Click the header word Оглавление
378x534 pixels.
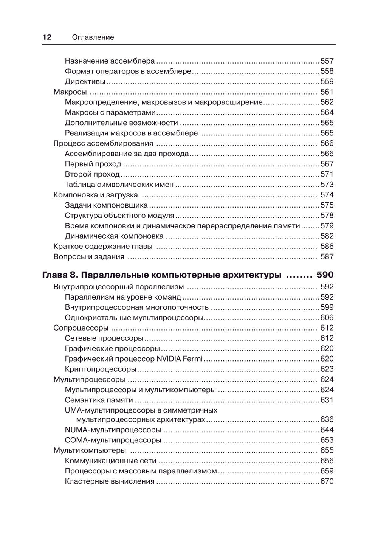click(x=93, y=37)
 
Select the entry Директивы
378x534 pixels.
click(x=85, y=81)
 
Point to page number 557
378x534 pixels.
click(x=327, y=61)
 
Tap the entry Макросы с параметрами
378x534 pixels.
click(x=110, y=112)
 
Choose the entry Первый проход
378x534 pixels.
click(x=93, y=164)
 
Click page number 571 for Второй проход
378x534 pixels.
click(x=327, y=174)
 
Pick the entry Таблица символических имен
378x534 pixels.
click(x=119, y=185)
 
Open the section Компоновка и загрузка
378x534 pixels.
click(x=96, y=195)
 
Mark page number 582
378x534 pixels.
click(x=327, y=236)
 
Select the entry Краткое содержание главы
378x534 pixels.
click(x=103, y=247)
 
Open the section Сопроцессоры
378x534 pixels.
click(x=81, y=328)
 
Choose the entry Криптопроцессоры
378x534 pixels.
click(x=100, y=369)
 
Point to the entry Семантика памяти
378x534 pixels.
click(x=99, y=400)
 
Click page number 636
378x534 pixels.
click(x=327, y=419)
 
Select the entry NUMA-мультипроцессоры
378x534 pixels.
click(x=113, y=430)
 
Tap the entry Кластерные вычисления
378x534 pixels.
click(x=110, y=481)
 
